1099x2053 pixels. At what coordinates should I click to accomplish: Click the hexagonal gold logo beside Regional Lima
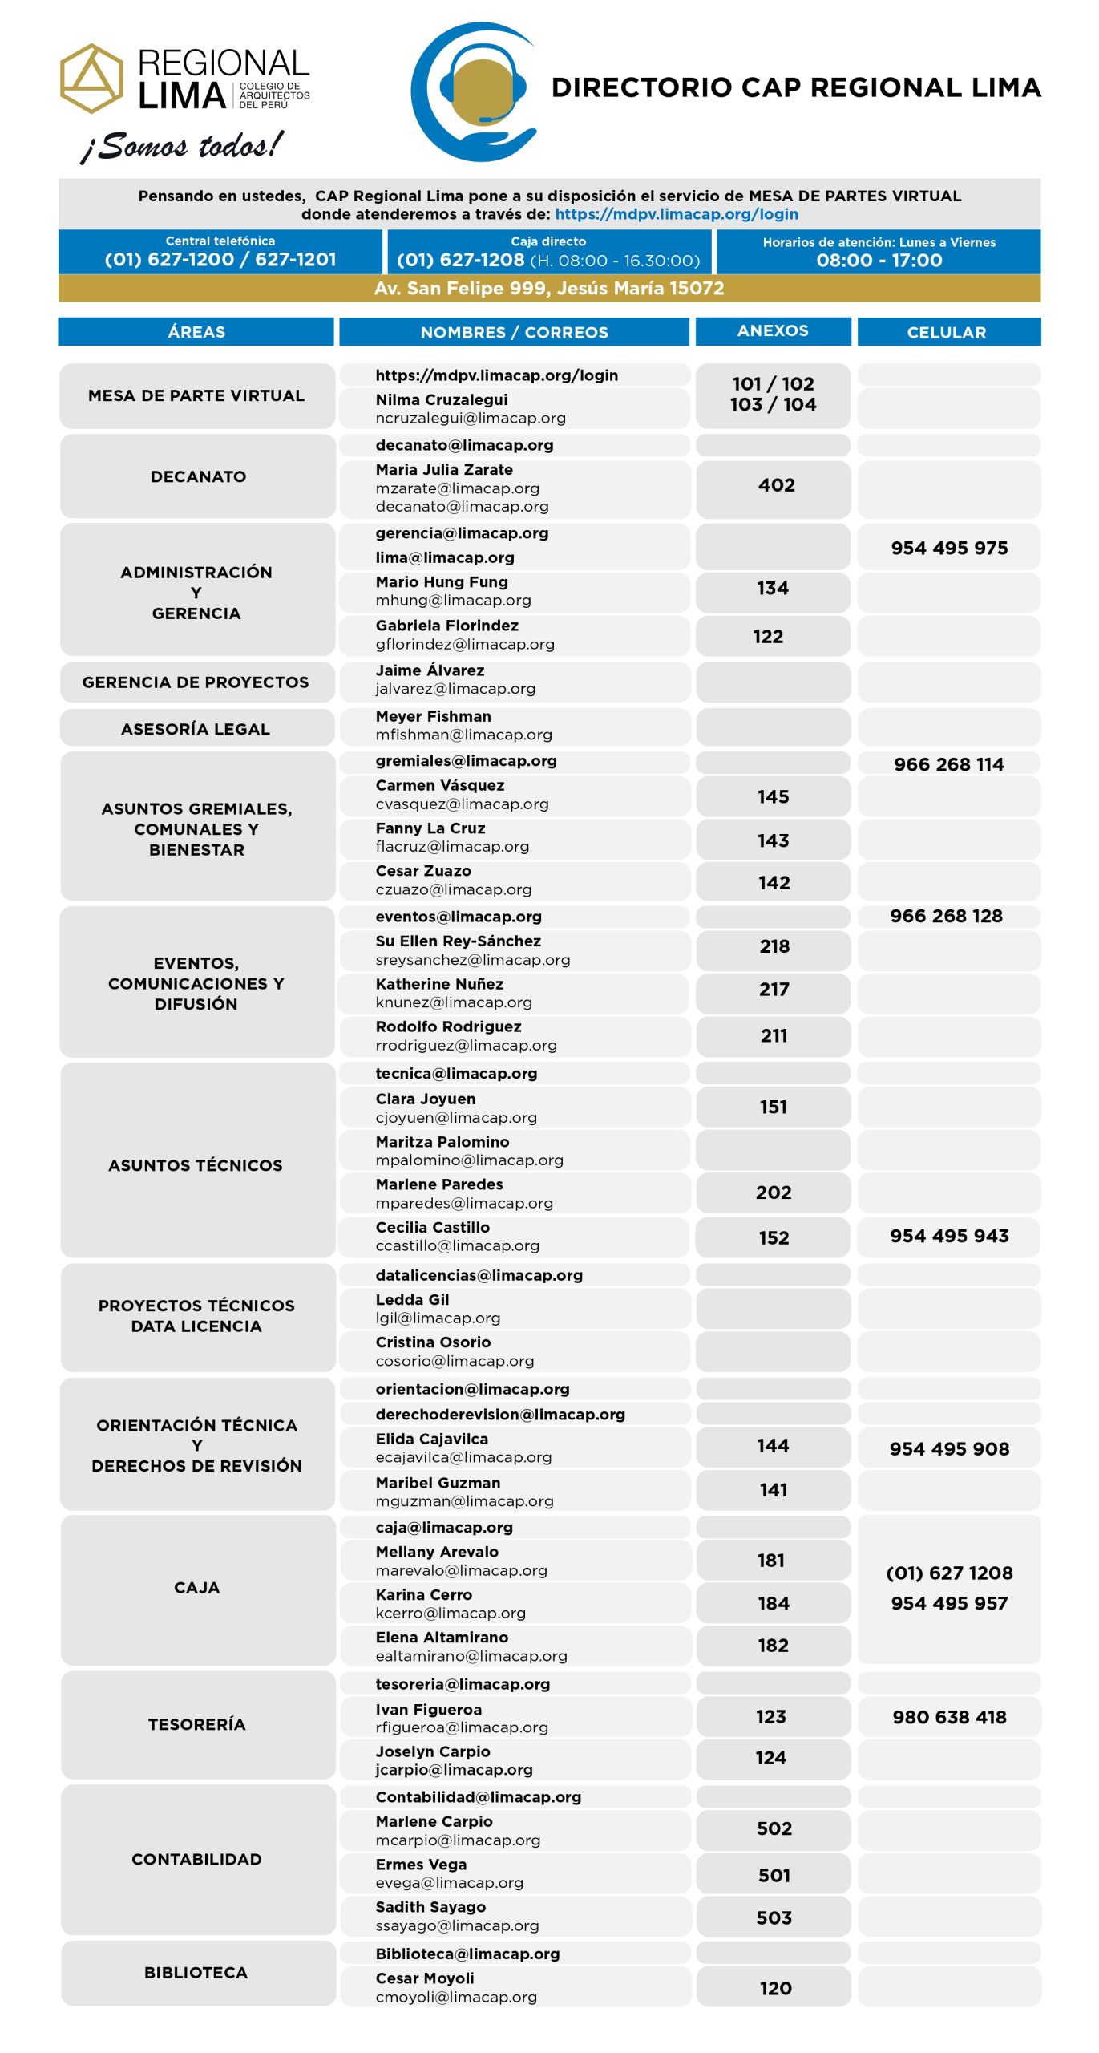pos(92,79)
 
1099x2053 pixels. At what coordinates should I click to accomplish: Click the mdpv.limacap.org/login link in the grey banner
pos(676,214)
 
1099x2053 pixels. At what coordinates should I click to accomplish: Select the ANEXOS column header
pos(773,330)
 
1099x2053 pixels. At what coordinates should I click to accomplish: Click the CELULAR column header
pos(947,332)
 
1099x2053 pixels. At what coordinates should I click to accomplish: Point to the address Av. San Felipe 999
pos(549,288)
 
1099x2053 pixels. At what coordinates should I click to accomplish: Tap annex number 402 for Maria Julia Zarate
pos(776,485)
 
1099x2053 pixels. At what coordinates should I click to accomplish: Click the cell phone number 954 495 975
pos(949,548)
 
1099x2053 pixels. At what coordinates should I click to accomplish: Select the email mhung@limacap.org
pos(453,600)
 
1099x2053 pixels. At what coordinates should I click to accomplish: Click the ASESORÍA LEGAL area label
pos(196,729)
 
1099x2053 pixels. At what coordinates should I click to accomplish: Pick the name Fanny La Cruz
pos(430,828)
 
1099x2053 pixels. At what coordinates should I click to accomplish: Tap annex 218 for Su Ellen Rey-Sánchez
pos(774,946)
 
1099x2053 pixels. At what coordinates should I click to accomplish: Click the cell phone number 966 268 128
pos(946,916)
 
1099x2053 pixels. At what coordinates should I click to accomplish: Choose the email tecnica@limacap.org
pos(456,1073)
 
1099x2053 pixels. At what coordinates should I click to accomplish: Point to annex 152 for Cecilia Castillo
pos(774,1237)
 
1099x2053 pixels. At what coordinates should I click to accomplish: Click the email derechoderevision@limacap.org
pos(500,1414)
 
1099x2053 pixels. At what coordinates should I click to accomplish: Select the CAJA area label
pos(196,1587)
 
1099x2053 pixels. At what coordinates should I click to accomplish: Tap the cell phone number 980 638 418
pos(949,1717)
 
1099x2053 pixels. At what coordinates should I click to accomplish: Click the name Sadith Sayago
pos(430,1906)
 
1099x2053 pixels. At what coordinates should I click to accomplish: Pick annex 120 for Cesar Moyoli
pos(775,1988)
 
